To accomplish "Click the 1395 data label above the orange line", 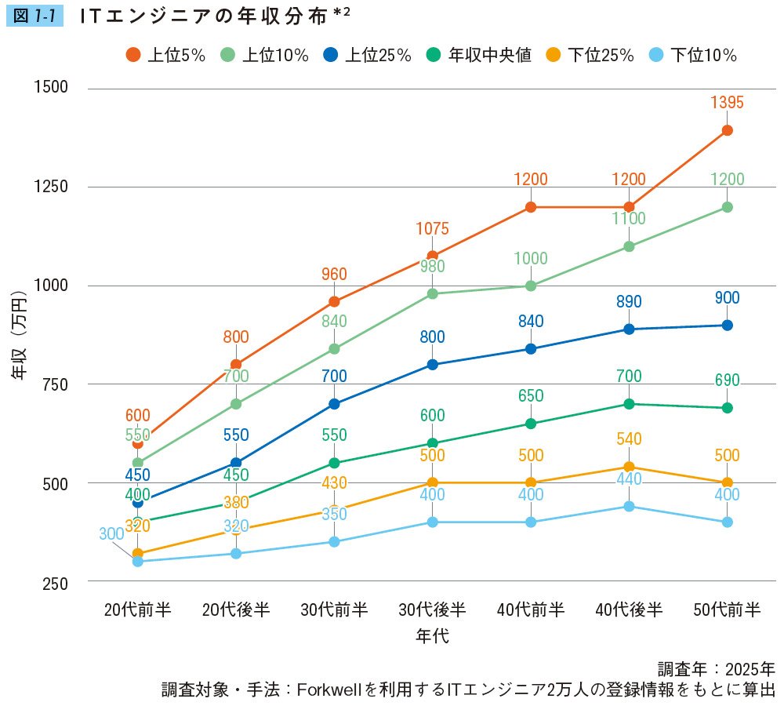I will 727,103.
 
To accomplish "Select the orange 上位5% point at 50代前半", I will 727,130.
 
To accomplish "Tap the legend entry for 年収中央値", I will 480,55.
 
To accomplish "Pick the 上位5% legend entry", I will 166,55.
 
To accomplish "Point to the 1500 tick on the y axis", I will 52,88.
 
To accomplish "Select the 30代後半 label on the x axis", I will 432,610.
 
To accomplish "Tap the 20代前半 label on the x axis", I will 138,610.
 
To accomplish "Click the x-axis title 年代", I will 432,635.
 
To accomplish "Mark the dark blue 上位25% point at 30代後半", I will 432,364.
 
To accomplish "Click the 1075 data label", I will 432,229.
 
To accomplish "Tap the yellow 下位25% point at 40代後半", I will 629,467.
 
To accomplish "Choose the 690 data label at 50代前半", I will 727,380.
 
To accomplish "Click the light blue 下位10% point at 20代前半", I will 138,562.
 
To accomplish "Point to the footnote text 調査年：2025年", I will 716,669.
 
